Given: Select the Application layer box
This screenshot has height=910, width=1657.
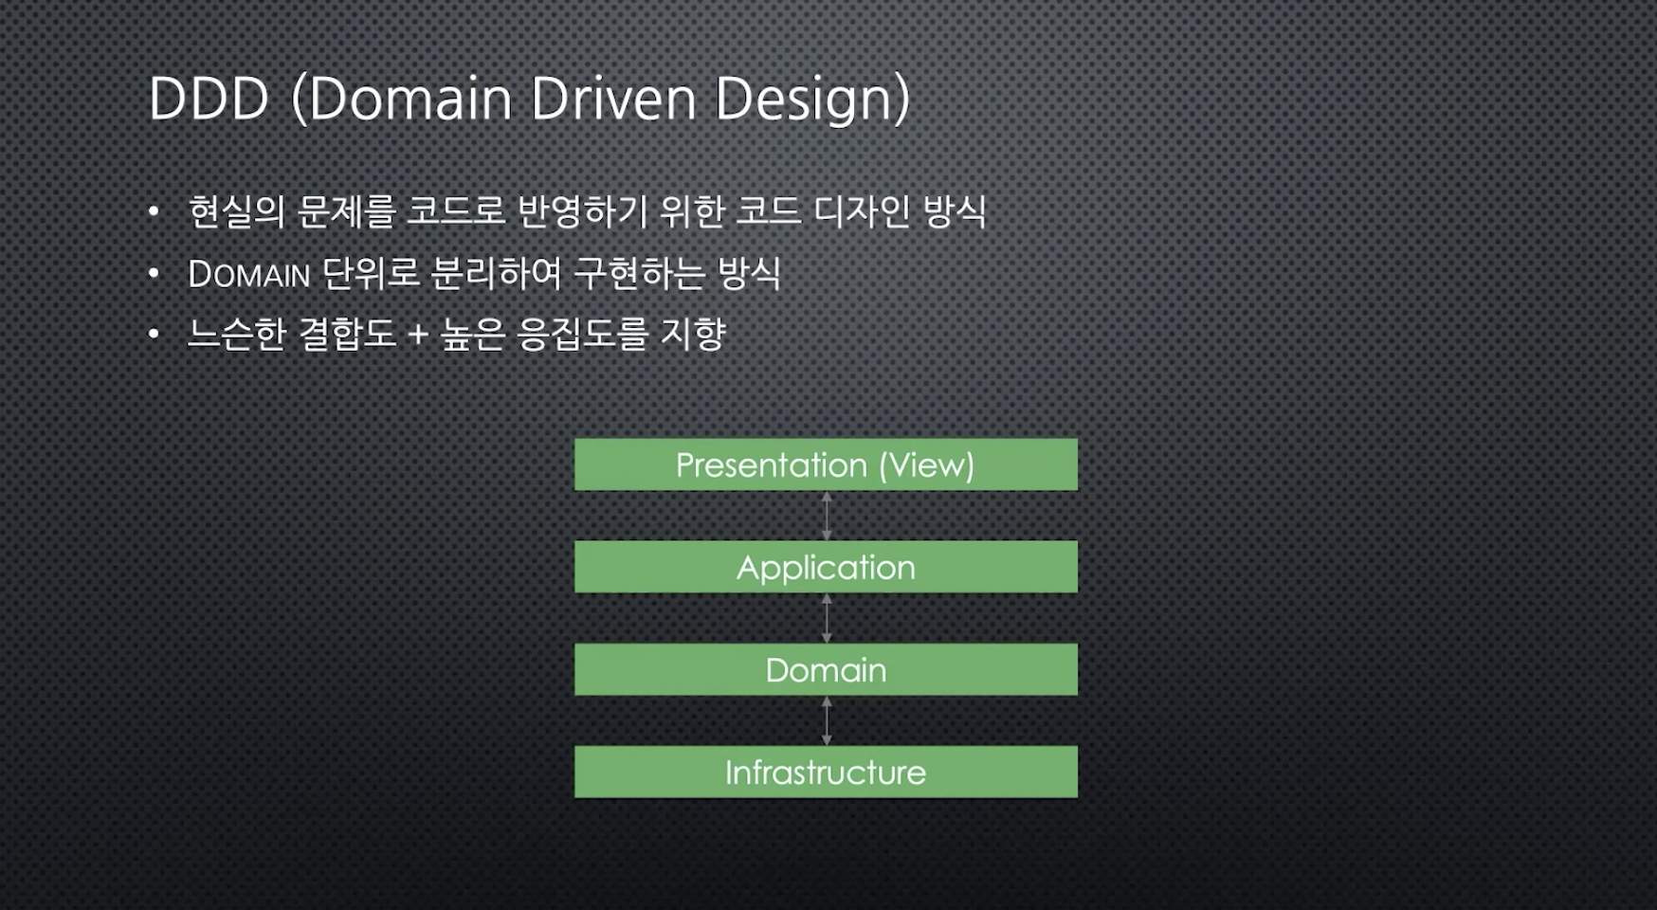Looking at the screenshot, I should coord(826,567).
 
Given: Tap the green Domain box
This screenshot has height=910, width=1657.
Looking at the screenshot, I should coord(826,670).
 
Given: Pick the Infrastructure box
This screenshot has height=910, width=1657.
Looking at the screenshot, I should coord(826,772).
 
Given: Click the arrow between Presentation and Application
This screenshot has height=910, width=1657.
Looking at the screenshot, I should coord(827,516).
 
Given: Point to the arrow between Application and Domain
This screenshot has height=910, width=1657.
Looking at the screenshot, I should coord(827,618).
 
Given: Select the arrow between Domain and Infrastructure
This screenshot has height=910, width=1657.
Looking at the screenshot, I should coord(827,720).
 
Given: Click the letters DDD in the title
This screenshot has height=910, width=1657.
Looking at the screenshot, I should coord(209,99).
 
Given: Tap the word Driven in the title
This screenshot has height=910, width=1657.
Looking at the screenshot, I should coord(612,99).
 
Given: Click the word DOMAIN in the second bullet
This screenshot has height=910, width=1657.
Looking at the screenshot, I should coord(249,275).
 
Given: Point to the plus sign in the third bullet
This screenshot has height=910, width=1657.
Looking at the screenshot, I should coord(418,335).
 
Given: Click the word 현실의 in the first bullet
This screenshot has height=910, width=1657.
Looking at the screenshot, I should coord(236,211).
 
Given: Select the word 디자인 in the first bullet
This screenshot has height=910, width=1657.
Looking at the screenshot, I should coord(862,211).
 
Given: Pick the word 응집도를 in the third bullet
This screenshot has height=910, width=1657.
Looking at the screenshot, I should coord(582,334).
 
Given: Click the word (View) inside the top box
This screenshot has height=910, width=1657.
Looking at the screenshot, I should coord(926,465).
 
